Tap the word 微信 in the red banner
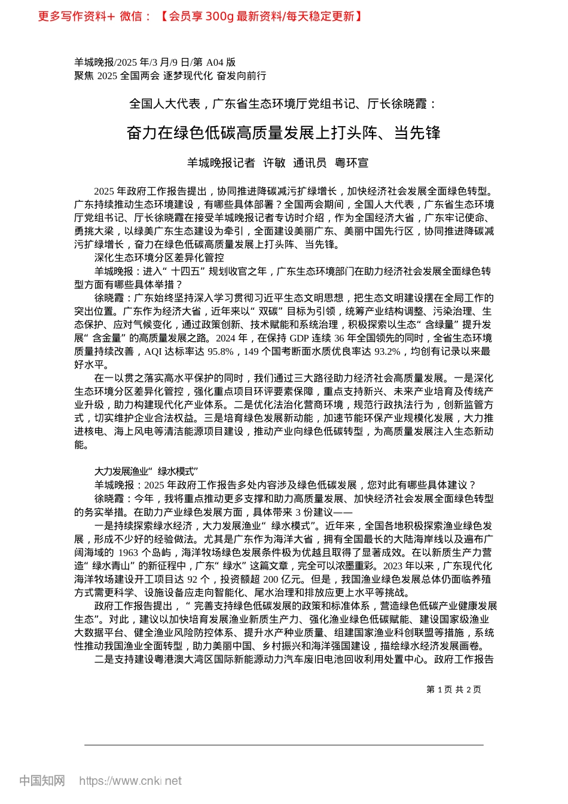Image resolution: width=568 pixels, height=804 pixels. coord(131,16)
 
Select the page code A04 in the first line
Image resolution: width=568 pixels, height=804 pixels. coord(213,62)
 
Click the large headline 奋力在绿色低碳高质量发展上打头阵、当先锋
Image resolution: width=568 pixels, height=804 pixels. coord(283,133)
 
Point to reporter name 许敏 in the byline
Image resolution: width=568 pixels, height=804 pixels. coord(274,163)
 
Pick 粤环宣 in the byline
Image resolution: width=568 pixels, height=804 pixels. coord(352,163)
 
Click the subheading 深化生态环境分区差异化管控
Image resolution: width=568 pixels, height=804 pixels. coord(159,257)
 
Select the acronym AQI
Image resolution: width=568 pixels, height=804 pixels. coord(153,352)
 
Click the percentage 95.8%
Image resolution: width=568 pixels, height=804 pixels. coord(219,352)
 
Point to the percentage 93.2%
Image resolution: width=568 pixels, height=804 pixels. coord(387,352)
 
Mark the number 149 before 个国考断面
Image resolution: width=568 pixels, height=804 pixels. coord(251,352)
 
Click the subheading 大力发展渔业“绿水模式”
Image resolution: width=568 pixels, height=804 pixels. coord(146,471)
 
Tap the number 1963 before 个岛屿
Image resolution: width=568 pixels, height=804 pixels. coord(127,552)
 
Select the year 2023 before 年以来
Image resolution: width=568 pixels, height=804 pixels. coord(393,565)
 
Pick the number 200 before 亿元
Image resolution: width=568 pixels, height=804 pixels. coord(271,579)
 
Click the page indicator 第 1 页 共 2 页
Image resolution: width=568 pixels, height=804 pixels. coord(453,689)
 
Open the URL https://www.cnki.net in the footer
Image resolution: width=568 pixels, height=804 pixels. coord(130,781)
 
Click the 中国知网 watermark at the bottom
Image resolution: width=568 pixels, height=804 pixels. coord(42,781)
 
